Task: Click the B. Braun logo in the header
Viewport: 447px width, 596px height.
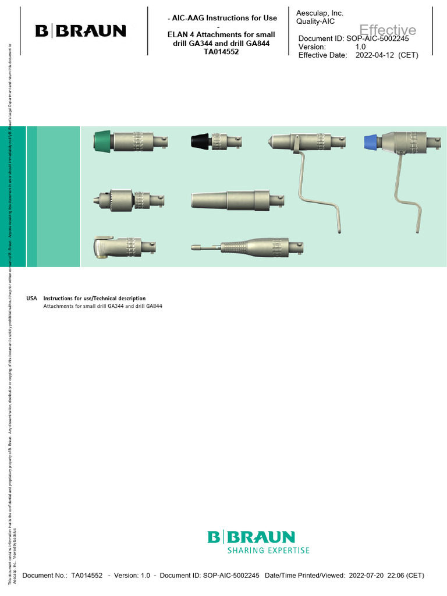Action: (80, 31)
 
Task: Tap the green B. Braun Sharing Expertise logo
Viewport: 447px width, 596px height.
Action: (258, 541)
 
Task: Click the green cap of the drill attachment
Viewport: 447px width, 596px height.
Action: (102, 140)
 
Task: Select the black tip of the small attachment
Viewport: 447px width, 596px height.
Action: (200, 140)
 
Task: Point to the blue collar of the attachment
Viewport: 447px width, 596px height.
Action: (370, 140)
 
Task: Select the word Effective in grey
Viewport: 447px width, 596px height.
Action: (388, 30)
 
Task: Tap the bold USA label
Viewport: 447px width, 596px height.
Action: (31, 299)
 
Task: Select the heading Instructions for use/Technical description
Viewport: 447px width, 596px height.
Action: (94, 299)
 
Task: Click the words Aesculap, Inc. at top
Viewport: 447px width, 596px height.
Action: (320, 13)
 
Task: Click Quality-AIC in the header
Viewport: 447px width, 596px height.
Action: (315, 22)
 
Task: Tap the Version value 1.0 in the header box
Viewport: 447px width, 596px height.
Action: (360, 47)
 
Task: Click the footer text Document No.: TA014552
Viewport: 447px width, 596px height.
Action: (62, 576)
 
